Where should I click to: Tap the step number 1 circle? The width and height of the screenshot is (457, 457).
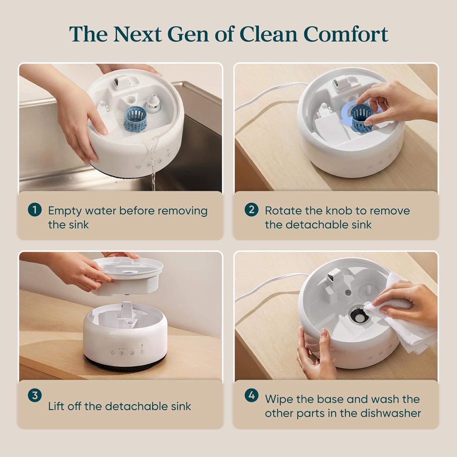34,210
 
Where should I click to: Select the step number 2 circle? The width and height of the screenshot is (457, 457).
251,210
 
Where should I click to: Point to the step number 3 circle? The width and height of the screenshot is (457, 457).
34,395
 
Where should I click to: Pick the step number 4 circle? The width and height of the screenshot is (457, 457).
251,395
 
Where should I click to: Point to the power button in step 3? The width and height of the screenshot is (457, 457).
113,352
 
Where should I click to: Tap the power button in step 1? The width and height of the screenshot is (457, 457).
138,167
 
